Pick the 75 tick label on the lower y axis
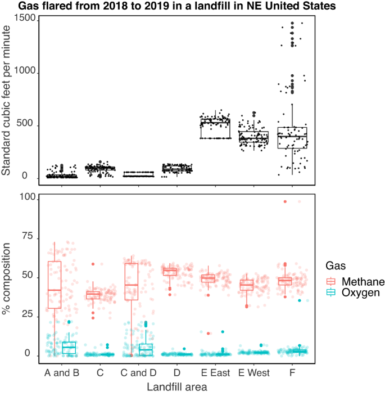(x=28, y=238)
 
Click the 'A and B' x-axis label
(x=61, y=373)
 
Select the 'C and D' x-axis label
(x=138, y=373)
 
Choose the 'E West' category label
(x=254, y=373)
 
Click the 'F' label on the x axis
(x=292, y=373)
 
